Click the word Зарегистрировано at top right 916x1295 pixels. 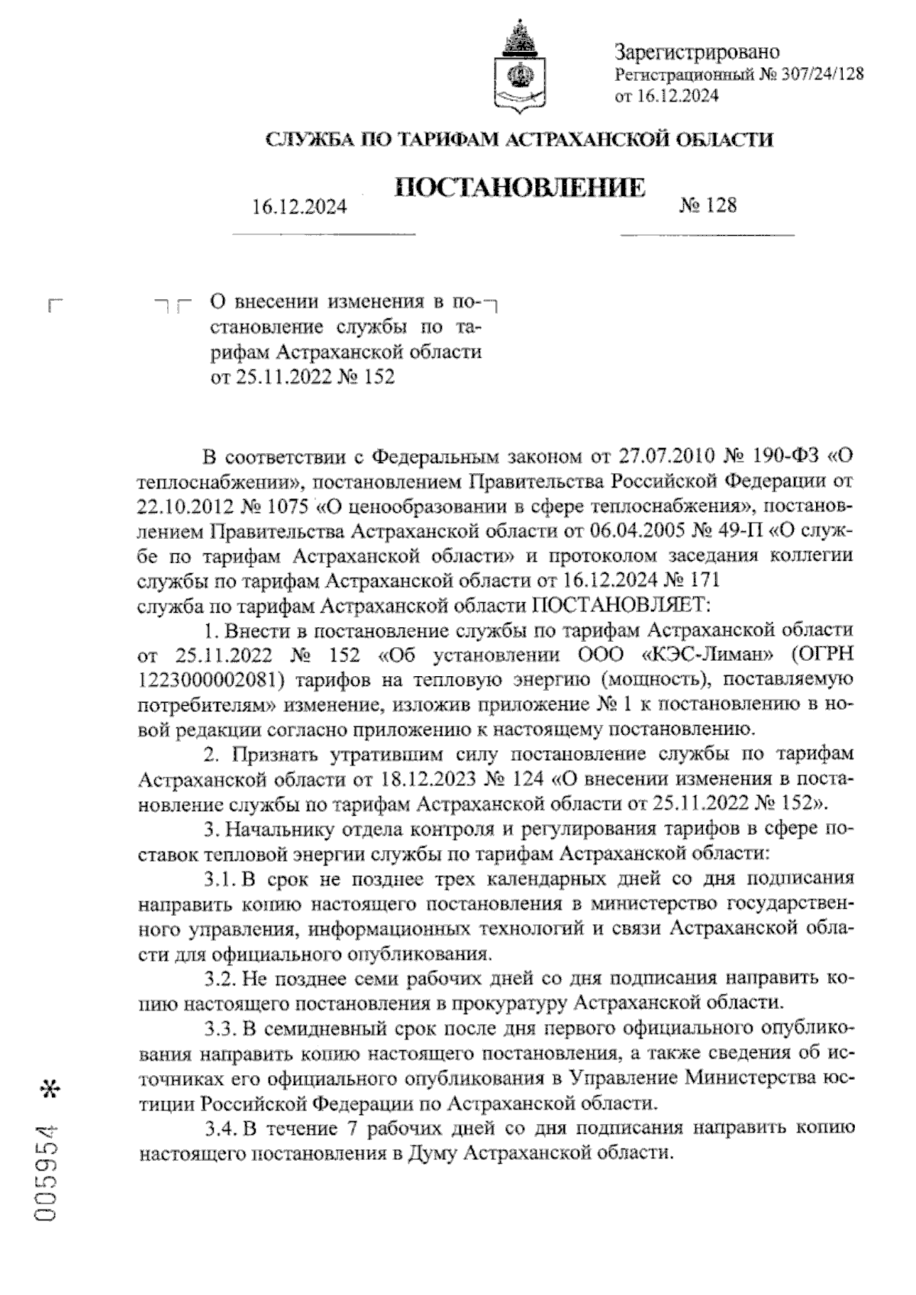coord(697,52)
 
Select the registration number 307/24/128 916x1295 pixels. coord(821,73)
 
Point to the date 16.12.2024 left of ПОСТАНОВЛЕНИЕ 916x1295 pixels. coord(299,206)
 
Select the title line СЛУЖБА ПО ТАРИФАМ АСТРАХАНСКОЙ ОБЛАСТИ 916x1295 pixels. coord(519,140)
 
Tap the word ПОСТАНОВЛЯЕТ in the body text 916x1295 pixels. coord(621,605)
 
